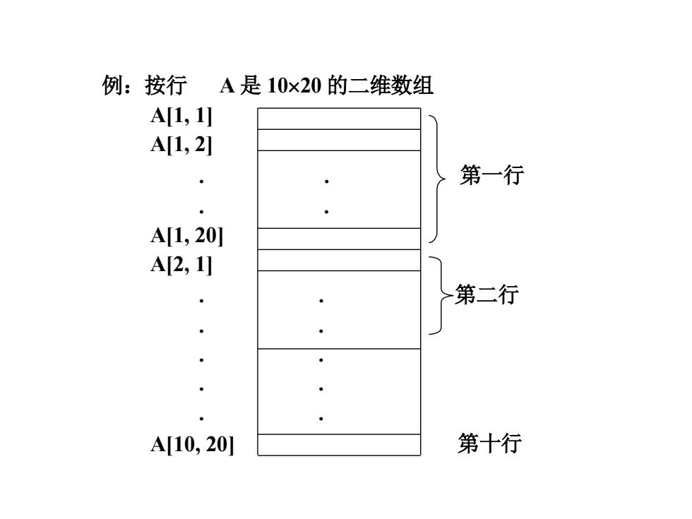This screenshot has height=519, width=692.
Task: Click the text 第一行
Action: click(x=491, y=175)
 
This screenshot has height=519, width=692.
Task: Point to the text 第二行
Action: click(x=487, y=294)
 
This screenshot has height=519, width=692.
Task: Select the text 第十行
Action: click(x=489, y=443)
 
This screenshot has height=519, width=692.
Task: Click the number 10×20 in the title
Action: click(x=294, y=85)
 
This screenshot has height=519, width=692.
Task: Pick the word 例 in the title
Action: click(x=112, y=85)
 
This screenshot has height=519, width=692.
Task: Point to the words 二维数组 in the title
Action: click(x=390, y=85)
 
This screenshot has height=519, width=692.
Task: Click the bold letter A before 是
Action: click(x=227, y=85)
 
